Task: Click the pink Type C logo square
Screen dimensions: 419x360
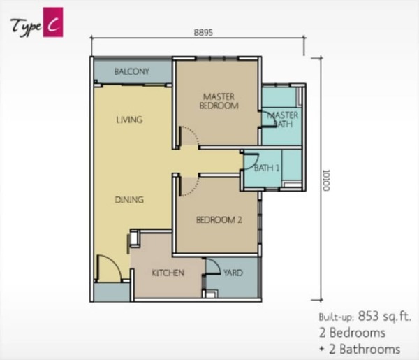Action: (53, 22)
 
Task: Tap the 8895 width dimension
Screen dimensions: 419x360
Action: (203, 32)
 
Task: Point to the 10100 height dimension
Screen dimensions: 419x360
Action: (326, 180)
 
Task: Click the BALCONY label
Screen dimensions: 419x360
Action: (132, 71)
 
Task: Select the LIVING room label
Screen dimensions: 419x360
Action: (129, 120)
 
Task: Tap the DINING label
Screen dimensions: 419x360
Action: (129, 199)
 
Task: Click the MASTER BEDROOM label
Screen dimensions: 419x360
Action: (219, 101)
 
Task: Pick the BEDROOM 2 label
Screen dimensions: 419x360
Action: (219, 220)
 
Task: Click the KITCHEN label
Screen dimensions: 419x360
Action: (168, 273)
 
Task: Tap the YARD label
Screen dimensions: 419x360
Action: (233, 273)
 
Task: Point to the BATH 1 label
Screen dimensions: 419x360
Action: (267, 168)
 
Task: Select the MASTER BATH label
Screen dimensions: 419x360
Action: (283, 120)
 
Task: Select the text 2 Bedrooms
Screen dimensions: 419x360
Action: (352, 333)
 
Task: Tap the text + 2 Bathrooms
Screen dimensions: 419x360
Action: (360, 350)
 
